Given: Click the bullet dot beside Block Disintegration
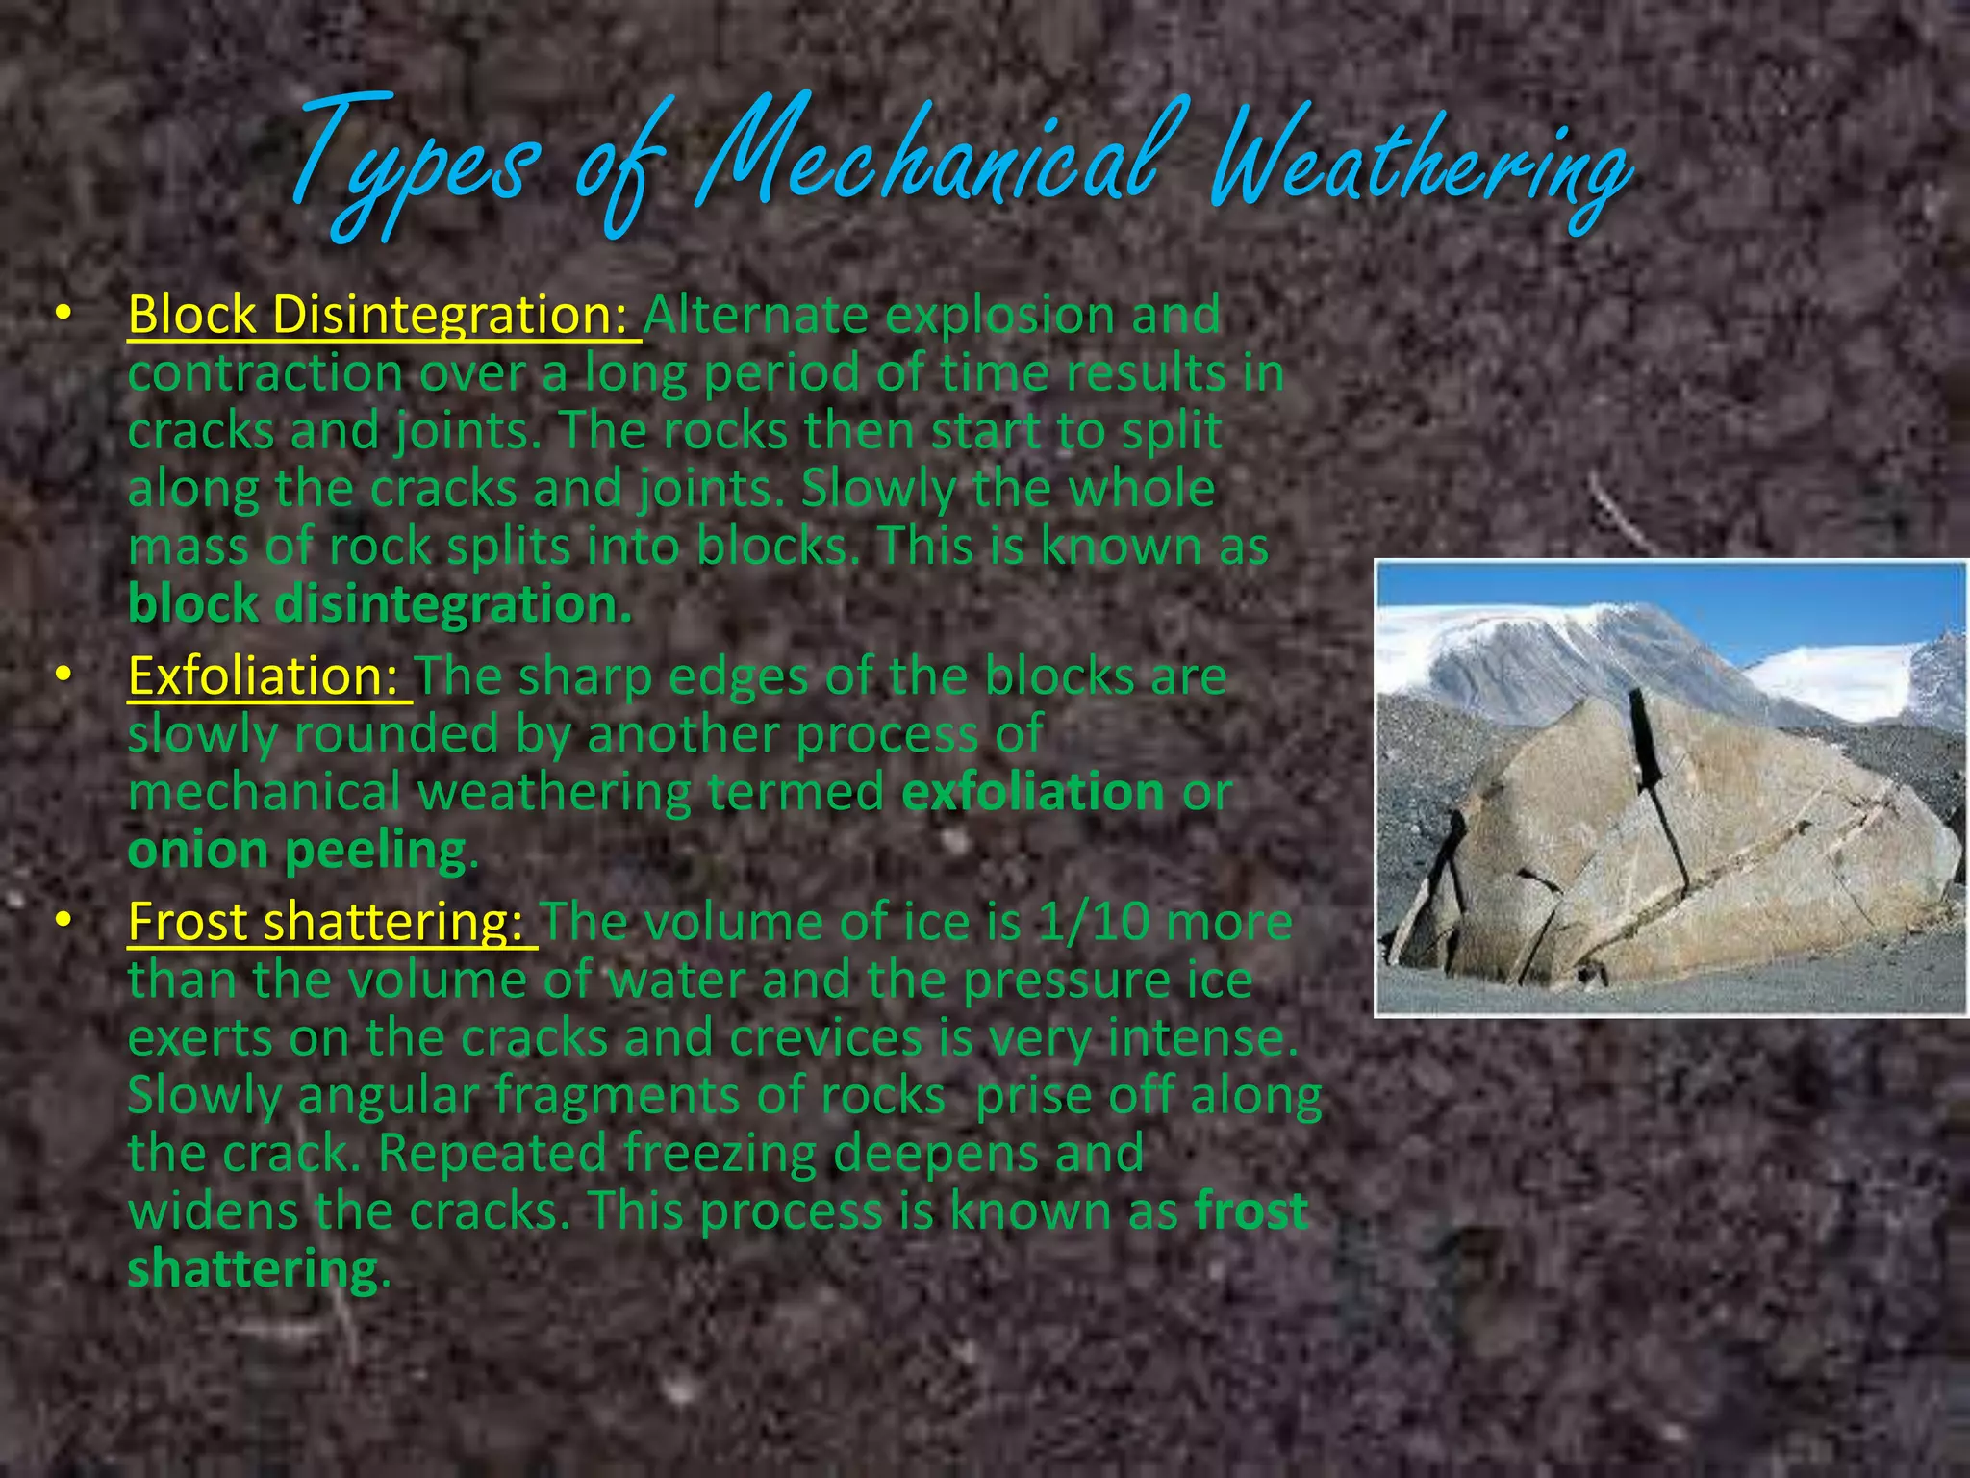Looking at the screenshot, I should coord(63,313).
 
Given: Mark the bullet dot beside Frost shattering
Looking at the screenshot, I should coord(63,920).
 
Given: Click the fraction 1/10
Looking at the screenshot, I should coord(1093,921).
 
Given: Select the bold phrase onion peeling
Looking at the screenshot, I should coord(297,851).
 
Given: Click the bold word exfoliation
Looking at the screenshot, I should coord(1033,792).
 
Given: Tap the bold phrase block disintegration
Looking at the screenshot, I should coord(379,604).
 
